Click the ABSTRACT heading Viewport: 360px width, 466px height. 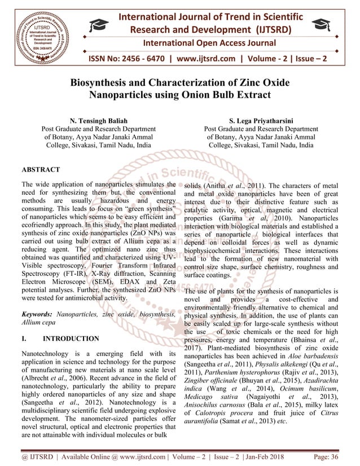point(41,169)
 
